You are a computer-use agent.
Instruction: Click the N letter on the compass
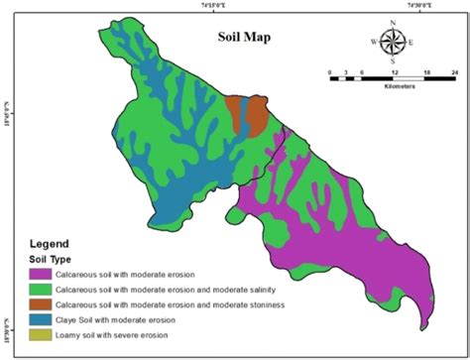(394, 22)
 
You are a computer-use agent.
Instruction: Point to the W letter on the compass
(374, 42)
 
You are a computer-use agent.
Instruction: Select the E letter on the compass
(412, 42)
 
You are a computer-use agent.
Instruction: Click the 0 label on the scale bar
(330, 72)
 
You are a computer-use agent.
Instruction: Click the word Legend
(49, 243)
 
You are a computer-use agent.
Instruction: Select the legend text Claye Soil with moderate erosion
(118, 319)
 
